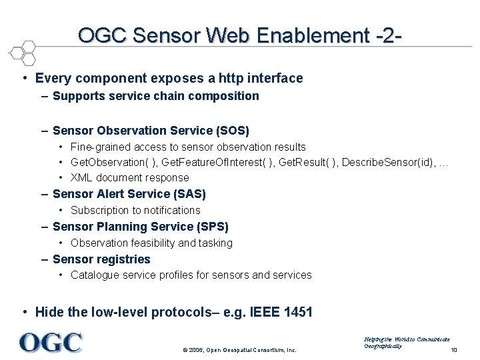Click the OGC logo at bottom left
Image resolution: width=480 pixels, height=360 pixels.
51,343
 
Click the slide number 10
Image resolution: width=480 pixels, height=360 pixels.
454,350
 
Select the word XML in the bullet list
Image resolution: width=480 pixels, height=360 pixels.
82,178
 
